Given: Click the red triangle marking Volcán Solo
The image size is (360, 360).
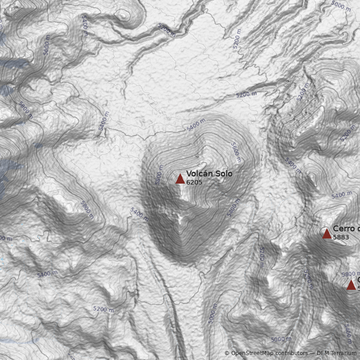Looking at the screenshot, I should coord(180,179).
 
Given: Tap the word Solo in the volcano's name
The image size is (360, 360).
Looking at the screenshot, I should coord(223,174).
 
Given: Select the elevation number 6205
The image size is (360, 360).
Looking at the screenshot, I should coord(194,182).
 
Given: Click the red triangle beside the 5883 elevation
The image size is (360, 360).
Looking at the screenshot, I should coord(327,234).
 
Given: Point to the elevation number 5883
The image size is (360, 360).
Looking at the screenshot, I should coord(341,237).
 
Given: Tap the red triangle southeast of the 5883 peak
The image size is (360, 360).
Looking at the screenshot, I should coord(351,285).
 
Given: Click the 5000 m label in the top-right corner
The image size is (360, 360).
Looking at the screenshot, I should coord(340,6).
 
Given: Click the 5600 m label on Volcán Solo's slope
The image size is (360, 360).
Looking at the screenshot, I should coord(236,152).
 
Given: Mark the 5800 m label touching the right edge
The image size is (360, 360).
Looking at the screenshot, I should coord(351,274).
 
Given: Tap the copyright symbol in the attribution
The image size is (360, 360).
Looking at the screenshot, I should coord(227,353).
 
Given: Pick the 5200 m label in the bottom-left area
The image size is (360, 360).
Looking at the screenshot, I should coord(103,309).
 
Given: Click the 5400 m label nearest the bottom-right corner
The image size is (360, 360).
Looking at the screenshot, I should coord(348,333).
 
